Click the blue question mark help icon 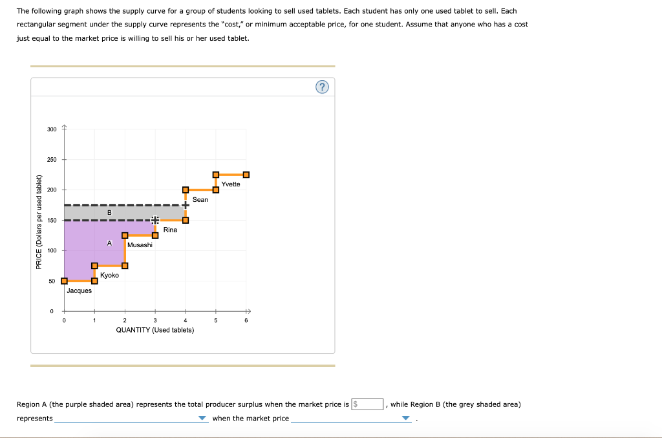point(323,87)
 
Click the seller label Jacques point(79,290)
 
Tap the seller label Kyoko point(109,276)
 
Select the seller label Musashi point(140,245)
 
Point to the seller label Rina point(170,230)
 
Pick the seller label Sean point(200,199)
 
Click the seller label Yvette point(231,184)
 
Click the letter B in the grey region point(109,213)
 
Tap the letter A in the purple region point(109,243)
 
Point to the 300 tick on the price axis point(52,129)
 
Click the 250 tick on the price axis point(52,160)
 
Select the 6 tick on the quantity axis point(246,320)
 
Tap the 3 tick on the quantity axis point(155,320)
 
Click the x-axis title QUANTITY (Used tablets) point(155,330)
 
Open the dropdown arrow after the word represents point(203,419)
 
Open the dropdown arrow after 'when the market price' point(405,419)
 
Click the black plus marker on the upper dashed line point(186,205)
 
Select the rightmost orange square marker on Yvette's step point(246,175)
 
